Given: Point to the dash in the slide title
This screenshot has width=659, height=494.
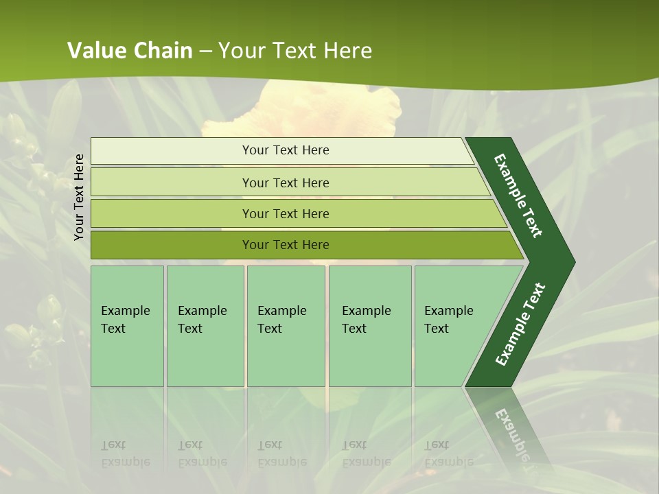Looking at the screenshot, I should coord(205,51).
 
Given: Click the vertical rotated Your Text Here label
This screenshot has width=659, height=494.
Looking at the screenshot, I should coord(79,197).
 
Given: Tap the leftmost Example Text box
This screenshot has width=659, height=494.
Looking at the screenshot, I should coord(127,326).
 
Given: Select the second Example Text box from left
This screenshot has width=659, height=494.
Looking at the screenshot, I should coord(205,326).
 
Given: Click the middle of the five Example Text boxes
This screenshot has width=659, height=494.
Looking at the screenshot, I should coord(286,326).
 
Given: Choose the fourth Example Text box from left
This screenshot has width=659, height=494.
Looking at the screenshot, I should coord(370,326).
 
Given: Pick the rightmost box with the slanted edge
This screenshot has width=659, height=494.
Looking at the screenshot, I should coord(453,326).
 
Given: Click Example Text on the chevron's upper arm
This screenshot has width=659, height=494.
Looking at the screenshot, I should coord(519,196).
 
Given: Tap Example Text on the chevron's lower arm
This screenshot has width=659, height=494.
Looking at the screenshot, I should coord(520,324).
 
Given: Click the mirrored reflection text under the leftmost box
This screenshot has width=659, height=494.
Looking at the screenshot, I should coord(126,454).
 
